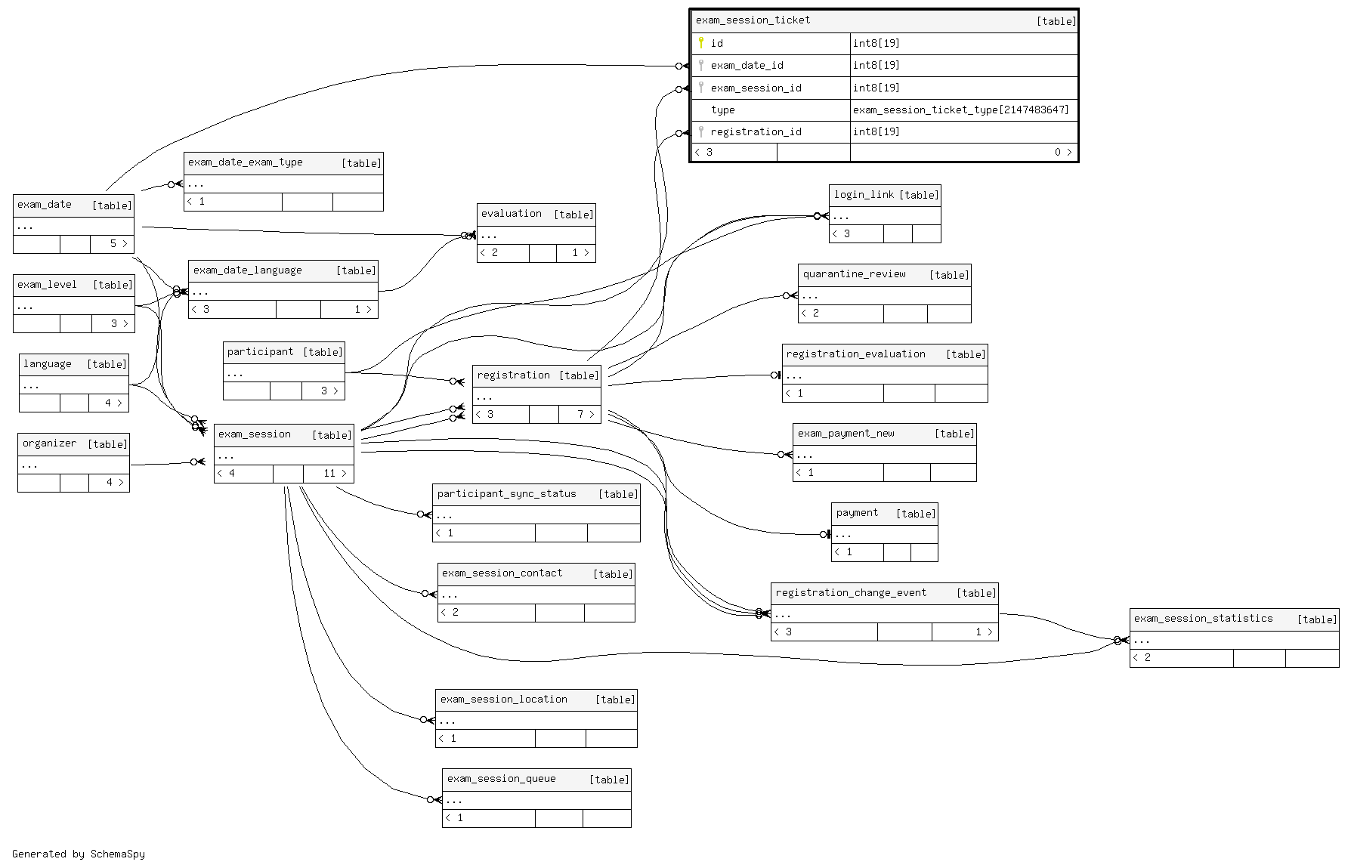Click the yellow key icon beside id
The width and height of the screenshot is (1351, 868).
(x=701, y=43)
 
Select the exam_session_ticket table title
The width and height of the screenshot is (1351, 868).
(x=753, y=20)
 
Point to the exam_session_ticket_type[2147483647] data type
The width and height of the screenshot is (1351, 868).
(x=960, y=110)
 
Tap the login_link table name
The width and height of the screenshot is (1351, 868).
(x=864, y=195)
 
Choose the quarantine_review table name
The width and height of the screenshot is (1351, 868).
(x=854, y=274)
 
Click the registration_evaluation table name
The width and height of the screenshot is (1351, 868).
(x=855, y=354)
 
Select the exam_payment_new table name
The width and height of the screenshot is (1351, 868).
(x=846, y=434)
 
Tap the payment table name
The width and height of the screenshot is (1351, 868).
(x=857, y=513)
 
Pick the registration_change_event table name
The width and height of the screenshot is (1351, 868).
(x=851, y=593)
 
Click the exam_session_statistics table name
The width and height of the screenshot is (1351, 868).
(x=1203, y=619)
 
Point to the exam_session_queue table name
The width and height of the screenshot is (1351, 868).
(x=501, y=779)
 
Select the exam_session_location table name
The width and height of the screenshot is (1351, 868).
(x=503, y=700)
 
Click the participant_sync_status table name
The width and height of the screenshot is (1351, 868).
(x=506, y=494)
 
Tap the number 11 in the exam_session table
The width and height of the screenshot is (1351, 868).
(x=329, y=474)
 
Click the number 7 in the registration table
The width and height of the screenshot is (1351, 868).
(x=580, y=414)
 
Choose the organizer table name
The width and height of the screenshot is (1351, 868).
(x=49, y=443)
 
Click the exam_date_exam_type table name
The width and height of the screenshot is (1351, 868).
(x=245, y=162)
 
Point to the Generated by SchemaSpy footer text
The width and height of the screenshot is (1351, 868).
(x=79, y=854)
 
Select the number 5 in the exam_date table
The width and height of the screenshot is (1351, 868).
(x=113, y=243)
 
